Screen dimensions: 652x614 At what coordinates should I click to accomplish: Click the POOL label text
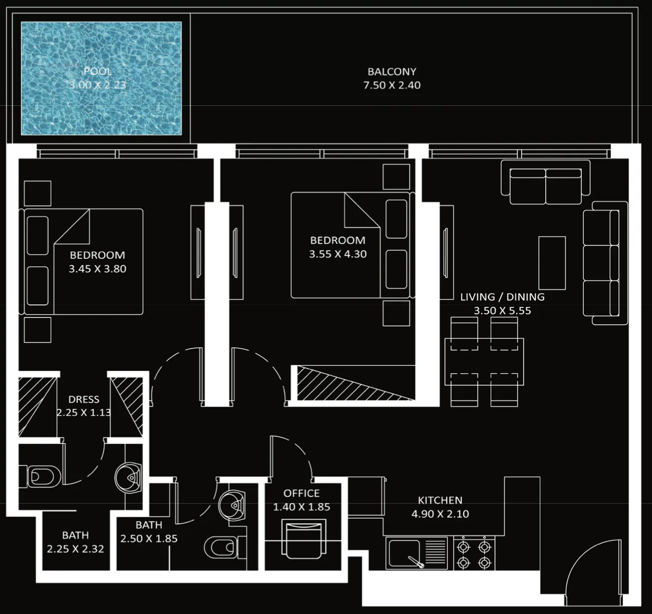97,71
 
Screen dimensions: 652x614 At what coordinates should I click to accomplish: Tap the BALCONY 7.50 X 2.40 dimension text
392,85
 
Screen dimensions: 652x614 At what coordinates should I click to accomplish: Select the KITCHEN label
440,500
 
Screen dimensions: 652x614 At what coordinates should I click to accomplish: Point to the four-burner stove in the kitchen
474,554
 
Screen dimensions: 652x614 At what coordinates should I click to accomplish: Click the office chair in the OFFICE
303,540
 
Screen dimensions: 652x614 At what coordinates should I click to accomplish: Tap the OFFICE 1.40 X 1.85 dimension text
301,507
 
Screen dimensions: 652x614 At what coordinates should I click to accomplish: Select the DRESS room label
84,399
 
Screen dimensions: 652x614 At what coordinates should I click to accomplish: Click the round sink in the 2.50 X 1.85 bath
232,505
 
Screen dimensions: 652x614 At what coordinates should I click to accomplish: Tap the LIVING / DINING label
503,297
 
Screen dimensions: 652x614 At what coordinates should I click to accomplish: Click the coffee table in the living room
552,263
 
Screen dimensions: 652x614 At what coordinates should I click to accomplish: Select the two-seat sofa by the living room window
545,182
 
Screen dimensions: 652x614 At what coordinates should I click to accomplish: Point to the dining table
484,361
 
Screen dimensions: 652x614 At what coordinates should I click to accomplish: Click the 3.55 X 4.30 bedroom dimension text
338,254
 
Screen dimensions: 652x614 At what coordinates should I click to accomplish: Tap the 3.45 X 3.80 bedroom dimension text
97,269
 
